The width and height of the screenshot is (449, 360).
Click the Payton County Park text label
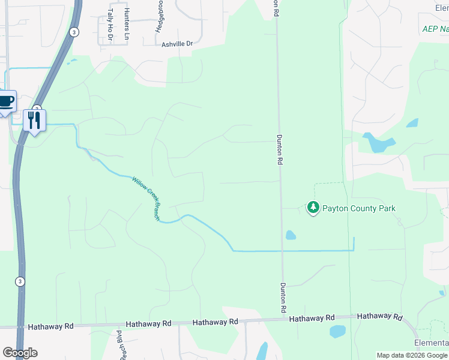pyautogui.click(x=359, y=208)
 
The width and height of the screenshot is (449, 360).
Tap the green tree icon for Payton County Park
pyautogui.click(x=313, y=208)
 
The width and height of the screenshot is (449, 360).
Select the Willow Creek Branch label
pyautogui.click(x=146, y=198)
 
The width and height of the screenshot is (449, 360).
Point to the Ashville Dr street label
pyautogui.click(x=177, y=44)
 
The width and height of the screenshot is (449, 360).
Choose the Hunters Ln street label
pyautogui.click(x=126, y=24)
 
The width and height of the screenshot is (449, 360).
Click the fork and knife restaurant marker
pyautogui.click(x=34, y=120)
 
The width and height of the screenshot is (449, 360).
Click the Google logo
pyautogui.click(x=20, y=353)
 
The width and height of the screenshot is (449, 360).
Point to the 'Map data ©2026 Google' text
pyautogui.click(x=412, y=355)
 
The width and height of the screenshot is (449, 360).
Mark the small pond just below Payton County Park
pyautogui.click(x=291, y=235)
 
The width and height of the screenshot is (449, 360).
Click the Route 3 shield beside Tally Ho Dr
pyautogui.click(x=73, y=32)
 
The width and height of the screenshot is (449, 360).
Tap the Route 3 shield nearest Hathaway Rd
pyautogui.click(x=20, y=281)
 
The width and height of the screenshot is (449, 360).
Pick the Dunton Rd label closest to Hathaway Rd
pyautogui.click(x=282, y=298)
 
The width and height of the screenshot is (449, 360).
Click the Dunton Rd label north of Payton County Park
pyautogui.click(x=279, y=149)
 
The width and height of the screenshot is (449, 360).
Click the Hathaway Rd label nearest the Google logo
pyautogui.click(x=51, y=326)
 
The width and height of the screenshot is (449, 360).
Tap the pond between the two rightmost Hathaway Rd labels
pyautogui.click(x=337, y=331)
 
